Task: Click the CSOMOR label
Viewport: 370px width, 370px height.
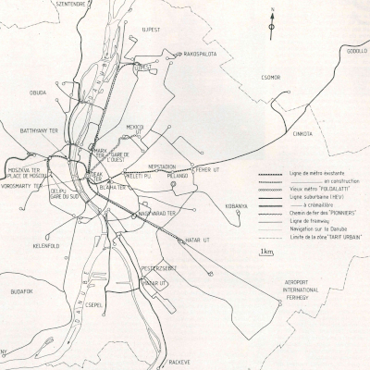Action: click(x=270, y=78)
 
